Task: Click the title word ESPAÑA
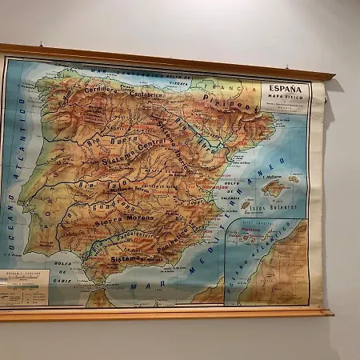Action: pyautogui.click(x=285, y=88)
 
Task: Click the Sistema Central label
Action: pyautogui.click(x=133, y=152)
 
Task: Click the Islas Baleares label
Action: pyautogui.click(x=273, y=206)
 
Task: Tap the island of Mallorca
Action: pyautogui.click(x=274, y=188)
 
